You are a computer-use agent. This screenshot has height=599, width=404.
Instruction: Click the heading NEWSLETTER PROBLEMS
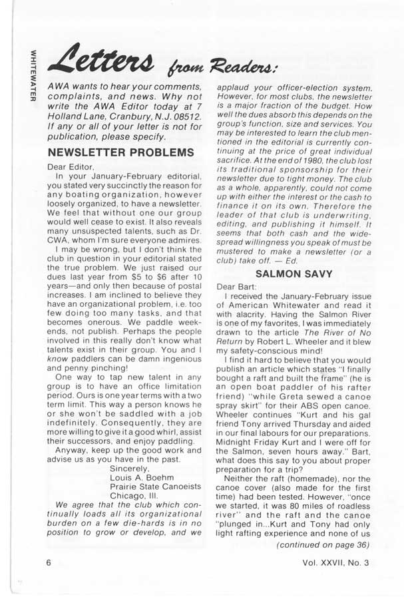(x=120, y=152)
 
